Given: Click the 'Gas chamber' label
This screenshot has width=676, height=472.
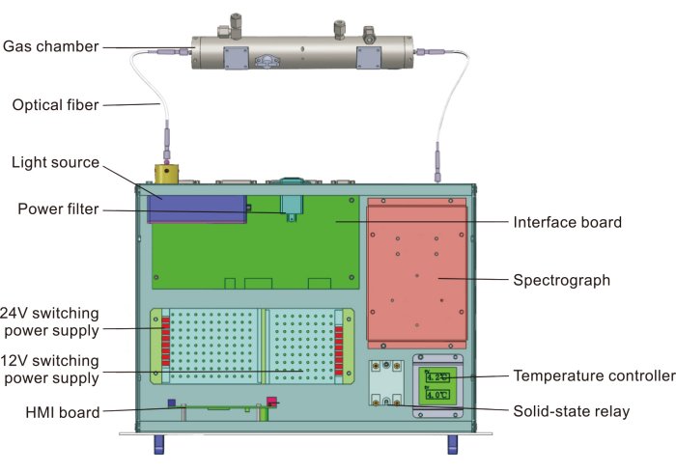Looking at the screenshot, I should pyautogui.click(x=50, y=45).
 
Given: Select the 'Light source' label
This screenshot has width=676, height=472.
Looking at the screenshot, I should pyautogui.click(x=55, y=162).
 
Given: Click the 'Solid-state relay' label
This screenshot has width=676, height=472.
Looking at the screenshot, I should pyautogui.click(x=571, y=412).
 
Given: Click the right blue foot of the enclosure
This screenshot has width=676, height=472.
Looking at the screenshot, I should pyautogui.click(x=451, y=446).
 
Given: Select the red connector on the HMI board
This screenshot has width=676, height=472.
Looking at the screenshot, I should pyautogui.click(x=272, y=402).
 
